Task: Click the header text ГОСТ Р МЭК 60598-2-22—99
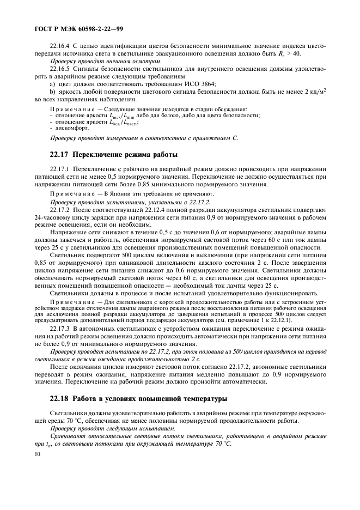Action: point(76,26)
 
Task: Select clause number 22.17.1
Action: point(61,170)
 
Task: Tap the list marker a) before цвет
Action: point(53,84)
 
